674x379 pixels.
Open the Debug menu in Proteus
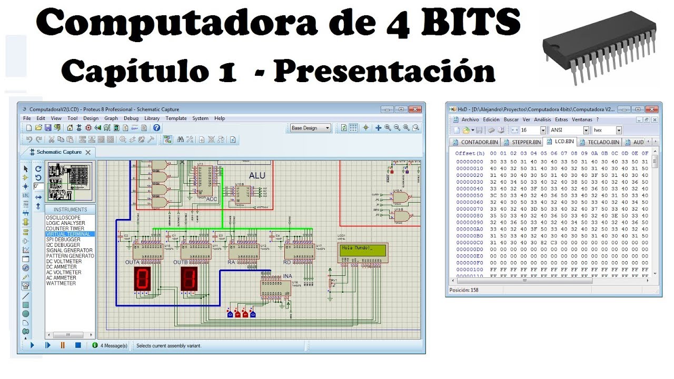(x=131, y=118)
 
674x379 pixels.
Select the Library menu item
(x=152, y=118)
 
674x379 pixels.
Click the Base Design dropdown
(x=311, y=128)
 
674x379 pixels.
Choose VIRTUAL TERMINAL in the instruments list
(x=70, y=234)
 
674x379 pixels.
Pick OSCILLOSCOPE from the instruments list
(x=63, y=217)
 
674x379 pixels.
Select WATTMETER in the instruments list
(x=61, y=283)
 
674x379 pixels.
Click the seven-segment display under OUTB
(x=189, y=279)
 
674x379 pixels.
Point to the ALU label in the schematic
(x=257, y=175)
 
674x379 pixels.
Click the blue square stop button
(x=78, y=345)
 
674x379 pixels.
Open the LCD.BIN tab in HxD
(x=562, y=142)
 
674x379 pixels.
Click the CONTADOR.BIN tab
(x=475, y=142)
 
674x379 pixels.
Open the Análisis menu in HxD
(x=542, y=119)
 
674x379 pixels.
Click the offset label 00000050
(x=469, y=195)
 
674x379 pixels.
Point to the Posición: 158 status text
(x=464, y=290)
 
